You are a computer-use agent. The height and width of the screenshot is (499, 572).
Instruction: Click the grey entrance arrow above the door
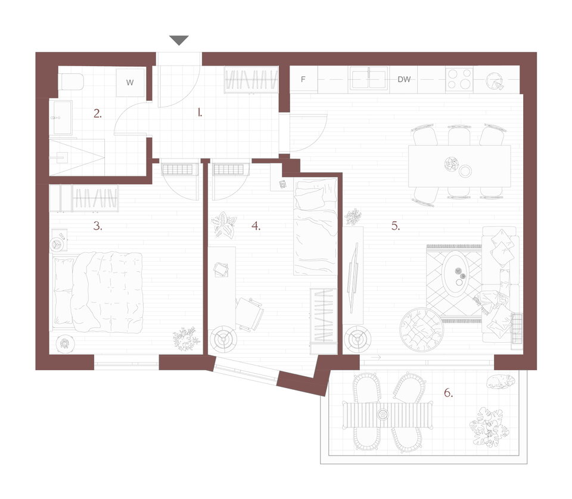pos(179,40)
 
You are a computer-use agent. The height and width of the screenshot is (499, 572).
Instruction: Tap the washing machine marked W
pos(130,82)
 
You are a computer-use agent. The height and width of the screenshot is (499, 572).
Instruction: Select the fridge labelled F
pos(303,79)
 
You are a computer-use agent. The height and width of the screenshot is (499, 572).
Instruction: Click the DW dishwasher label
pos(404,79)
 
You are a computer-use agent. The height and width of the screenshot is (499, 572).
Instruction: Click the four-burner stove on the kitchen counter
pos(459,79)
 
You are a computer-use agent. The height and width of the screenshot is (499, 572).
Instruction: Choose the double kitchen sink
pos(368,78)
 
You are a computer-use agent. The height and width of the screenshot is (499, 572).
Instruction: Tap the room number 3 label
pos(97,226)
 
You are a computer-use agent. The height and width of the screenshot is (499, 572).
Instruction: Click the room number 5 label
pos(396,226)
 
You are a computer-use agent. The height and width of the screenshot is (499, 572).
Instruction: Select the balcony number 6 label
pos(448,393)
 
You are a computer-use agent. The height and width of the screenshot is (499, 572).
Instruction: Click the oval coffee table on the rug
pos(456,272)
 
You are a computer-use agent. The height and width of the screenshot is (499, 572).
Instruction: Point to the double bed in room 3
pos(97,292)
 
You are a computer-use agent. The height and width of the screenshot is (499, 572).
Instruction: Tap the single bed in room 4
pos(315,227)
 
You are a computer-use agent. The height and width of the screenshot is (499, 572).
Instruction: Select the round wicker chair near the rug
pos(421,330)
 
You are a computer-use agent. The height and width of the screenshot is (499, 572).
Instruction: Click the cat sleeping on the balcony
pos(501,382)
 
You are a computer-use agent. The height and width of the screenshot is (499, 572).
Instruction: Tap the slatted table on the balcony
pos(387,415)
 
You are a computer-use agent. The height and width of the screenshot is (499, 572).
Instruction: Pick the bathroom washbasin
pos(63,117)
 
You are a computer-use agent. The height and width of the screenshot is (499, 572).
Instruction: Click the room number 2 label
pos(97,113)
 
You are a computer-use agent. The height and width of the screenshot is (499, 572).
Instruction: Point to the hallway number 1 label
pos(200,113)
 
